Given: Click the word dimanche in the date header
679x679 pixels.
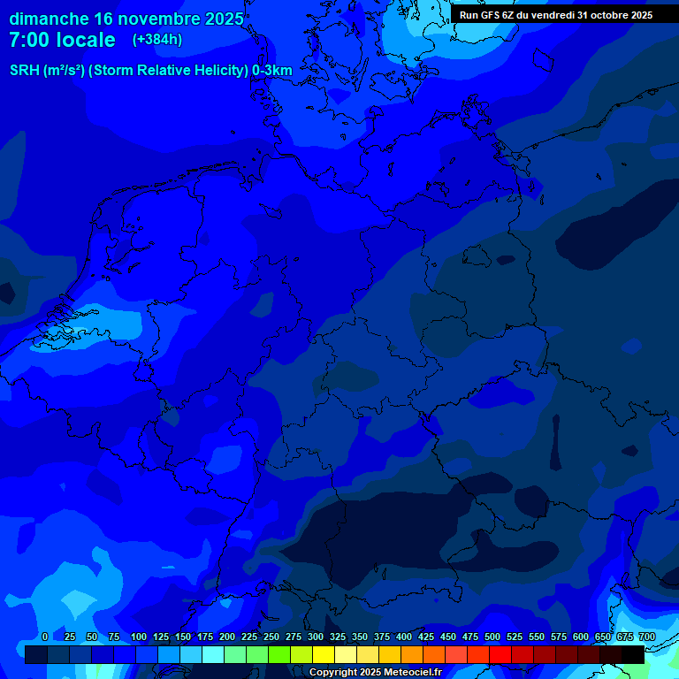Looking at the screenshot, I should [x=50, y=19].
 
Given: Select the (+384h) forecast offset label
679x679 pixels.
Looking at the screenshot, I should [x=157, y=40].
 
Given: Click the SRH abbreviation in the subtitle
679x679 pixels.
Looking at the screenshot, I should [x=25, y=70].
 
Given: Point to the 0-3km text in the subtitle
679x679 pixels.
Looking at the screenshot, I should [x=272, y=70].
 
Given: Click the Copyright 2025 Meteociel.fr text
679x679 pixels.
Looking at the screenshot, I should [x=375, y=673].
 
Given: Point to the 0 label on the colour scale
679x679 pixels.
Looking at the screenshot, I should [x=45, y=637].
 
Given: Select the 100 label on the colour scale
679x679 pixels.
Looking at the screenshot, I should [x=139, y=637].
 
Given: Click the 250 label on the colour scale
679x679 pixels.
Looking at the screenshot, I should [x=271, y=637].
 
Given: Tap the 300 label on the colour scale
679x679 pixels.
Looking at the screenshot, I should [x=316, y=637].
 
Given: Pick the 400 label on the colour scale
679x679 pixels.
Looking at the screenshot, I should [x=404, y=637].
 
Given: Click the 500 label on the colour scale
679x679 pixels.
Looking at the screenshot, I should [x=492, y=637].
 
